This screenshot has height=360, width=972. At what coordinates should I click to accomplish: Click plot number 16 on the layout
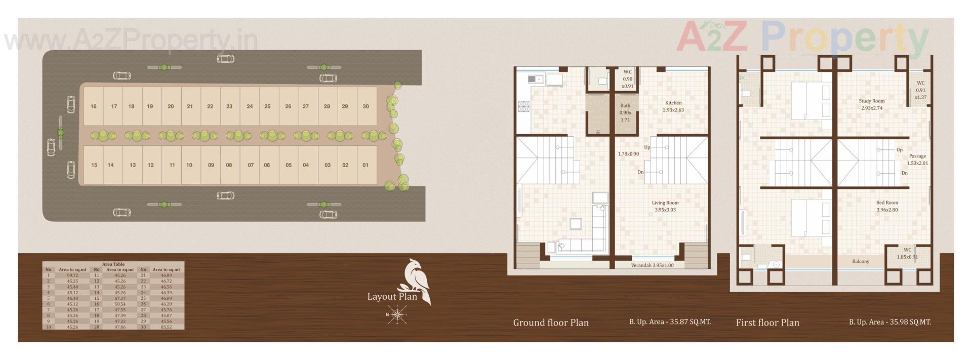click(x=94, y=106)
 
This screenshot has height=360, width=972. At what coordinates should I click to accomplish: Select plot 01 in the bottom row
click(x=366, y=165)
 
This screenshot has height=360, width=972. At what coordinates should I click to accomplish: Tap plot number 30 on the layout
click(x=366, y=106)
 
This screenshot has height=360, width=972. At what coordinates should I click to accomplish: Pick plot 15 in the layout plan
click(x=94, y=165)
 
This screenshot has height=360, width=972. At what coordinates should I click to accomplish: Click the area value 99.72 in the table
click(x=72, y=275)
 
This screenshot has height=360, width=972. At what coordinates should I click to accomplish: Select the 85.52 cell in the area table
click(x=166, y=327)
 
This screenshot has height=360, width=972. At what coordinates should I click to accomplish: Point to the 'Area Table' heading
click(x=113, y=264)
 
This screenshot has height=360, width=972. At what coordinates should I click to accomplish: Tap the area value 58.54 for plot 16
click(x=120, y=304)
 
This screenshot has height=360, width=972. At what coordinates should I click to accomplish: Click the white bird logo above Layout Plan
click(x=417, y=281)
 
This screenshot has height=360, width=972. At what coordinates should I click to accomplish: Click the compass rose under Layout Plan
click(x=397, y=315)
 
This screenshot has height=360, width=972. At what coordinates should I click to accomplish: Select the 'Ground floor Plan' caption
click(x=551, y=323)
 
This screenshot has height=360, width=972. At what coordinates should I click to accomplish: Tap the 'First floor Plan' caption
click(x=767, y=323)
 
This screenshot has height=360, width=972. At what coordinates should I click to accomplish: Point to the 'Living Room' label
click(x=665, y=203)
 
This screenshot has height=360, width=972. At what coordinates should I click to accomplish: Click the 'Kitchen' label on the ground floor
click(x=673, y=103)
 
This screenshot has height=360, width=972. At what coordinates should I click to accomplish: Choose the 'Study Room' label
click(x=872, y=101)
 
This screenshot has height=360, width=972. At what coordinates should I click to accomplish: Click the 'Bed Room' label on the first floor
click(x=887, y=203)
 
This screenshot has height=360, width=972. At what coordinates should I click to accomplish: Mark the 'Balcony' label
click(x=861, y=262)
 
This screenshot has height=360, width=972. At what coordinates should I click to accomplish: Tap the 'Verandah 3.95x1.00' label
click(x=652, y=265)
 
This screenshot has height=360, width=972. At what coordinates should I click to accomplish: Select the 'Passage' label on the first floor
click(x=917, y=156)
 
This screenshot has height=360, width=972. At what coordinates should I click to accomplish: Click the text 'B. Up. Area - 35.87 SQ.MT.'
click(x=670, y=322)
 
